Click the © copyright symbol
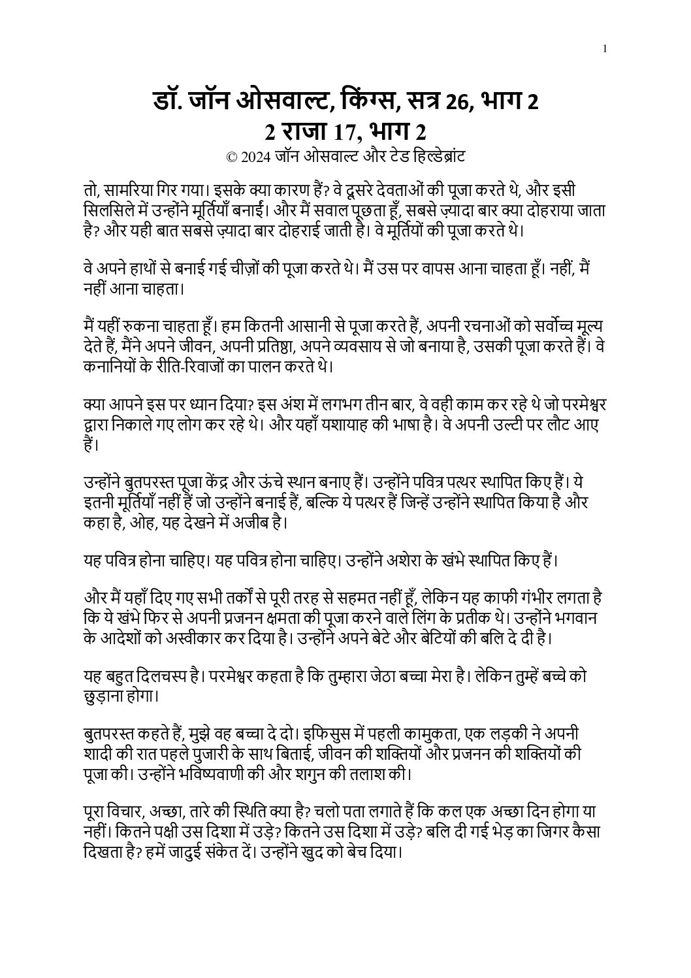(231, 157)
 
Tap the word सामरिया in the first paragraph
(129, 191)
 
